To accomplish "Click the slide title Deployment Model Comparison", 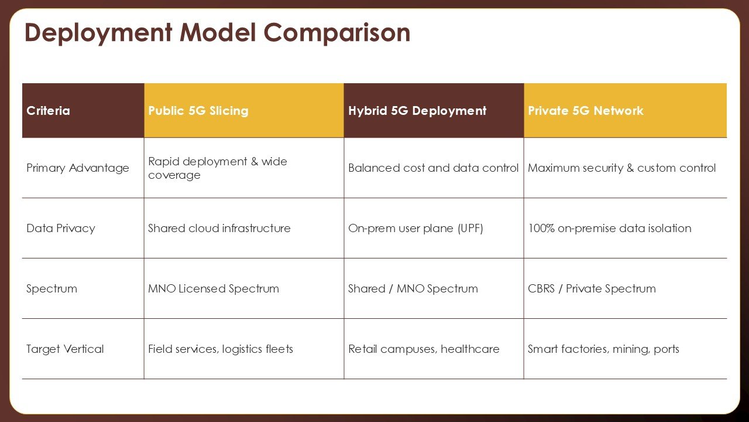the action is (217, 33).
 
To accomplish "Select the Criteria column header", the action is (48, 111).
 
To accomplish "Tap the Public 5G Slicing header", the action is (198, 111).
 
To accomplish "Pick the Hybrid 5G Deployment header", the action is (417, 111).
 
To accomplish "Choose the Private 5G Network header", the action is (586, 111).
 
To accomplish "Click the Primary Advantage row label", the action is (78, 168).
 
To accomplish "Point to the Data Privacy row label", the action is (60, 228).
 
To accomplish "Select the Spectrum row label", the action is (51, 289).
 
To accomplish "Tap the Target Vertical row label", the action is (65, 349).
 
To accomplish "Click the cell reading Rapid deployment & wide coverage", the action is (217, 168).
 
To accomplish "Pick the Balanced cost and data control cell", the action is (433, 168).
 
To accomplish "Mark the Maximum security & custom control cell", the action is (621, 168).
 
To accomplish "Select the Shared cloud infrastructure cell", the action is (219, 228).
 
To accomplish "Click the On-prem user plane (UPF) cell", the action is (415, 229).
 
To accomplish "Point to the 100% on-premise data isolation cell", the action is (610, 228).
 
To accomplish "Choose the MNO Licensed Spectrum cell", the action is (214, 289).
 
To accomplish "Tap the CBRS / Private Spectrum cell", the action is (592, 289).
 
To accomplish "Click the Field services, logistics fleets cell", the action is (221, 349).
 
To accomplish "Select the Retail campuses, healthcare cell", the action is (424, 349).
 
